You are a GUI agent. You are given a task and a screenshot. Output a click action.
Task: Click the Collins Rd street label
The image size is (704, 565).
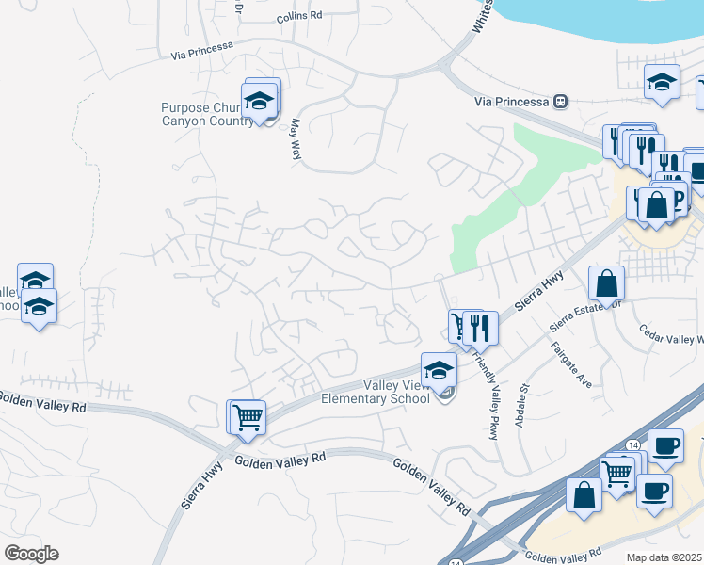(299, 17)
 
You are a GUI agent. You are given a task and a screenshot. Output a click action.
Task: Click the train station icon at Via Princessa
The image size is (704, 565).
(561, 100)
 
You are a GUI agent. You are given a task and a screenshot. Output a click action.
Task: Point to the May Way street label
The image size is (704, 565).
(296, 137)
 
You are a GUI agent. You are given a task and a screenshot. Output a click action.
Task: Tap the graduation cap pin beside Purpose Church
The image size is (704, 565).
(259, 100)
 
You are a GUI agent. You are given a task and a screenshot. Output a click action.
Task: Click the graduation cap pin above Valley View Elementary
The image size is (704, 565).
(439, 371)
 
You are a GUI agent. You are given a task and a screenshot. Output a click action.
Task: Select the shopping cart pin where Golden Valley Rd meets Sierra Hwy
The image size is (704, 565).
(248, 416)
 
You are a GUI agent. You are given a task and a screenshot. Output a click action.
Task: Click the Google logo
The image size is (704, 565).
(30, 554)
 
